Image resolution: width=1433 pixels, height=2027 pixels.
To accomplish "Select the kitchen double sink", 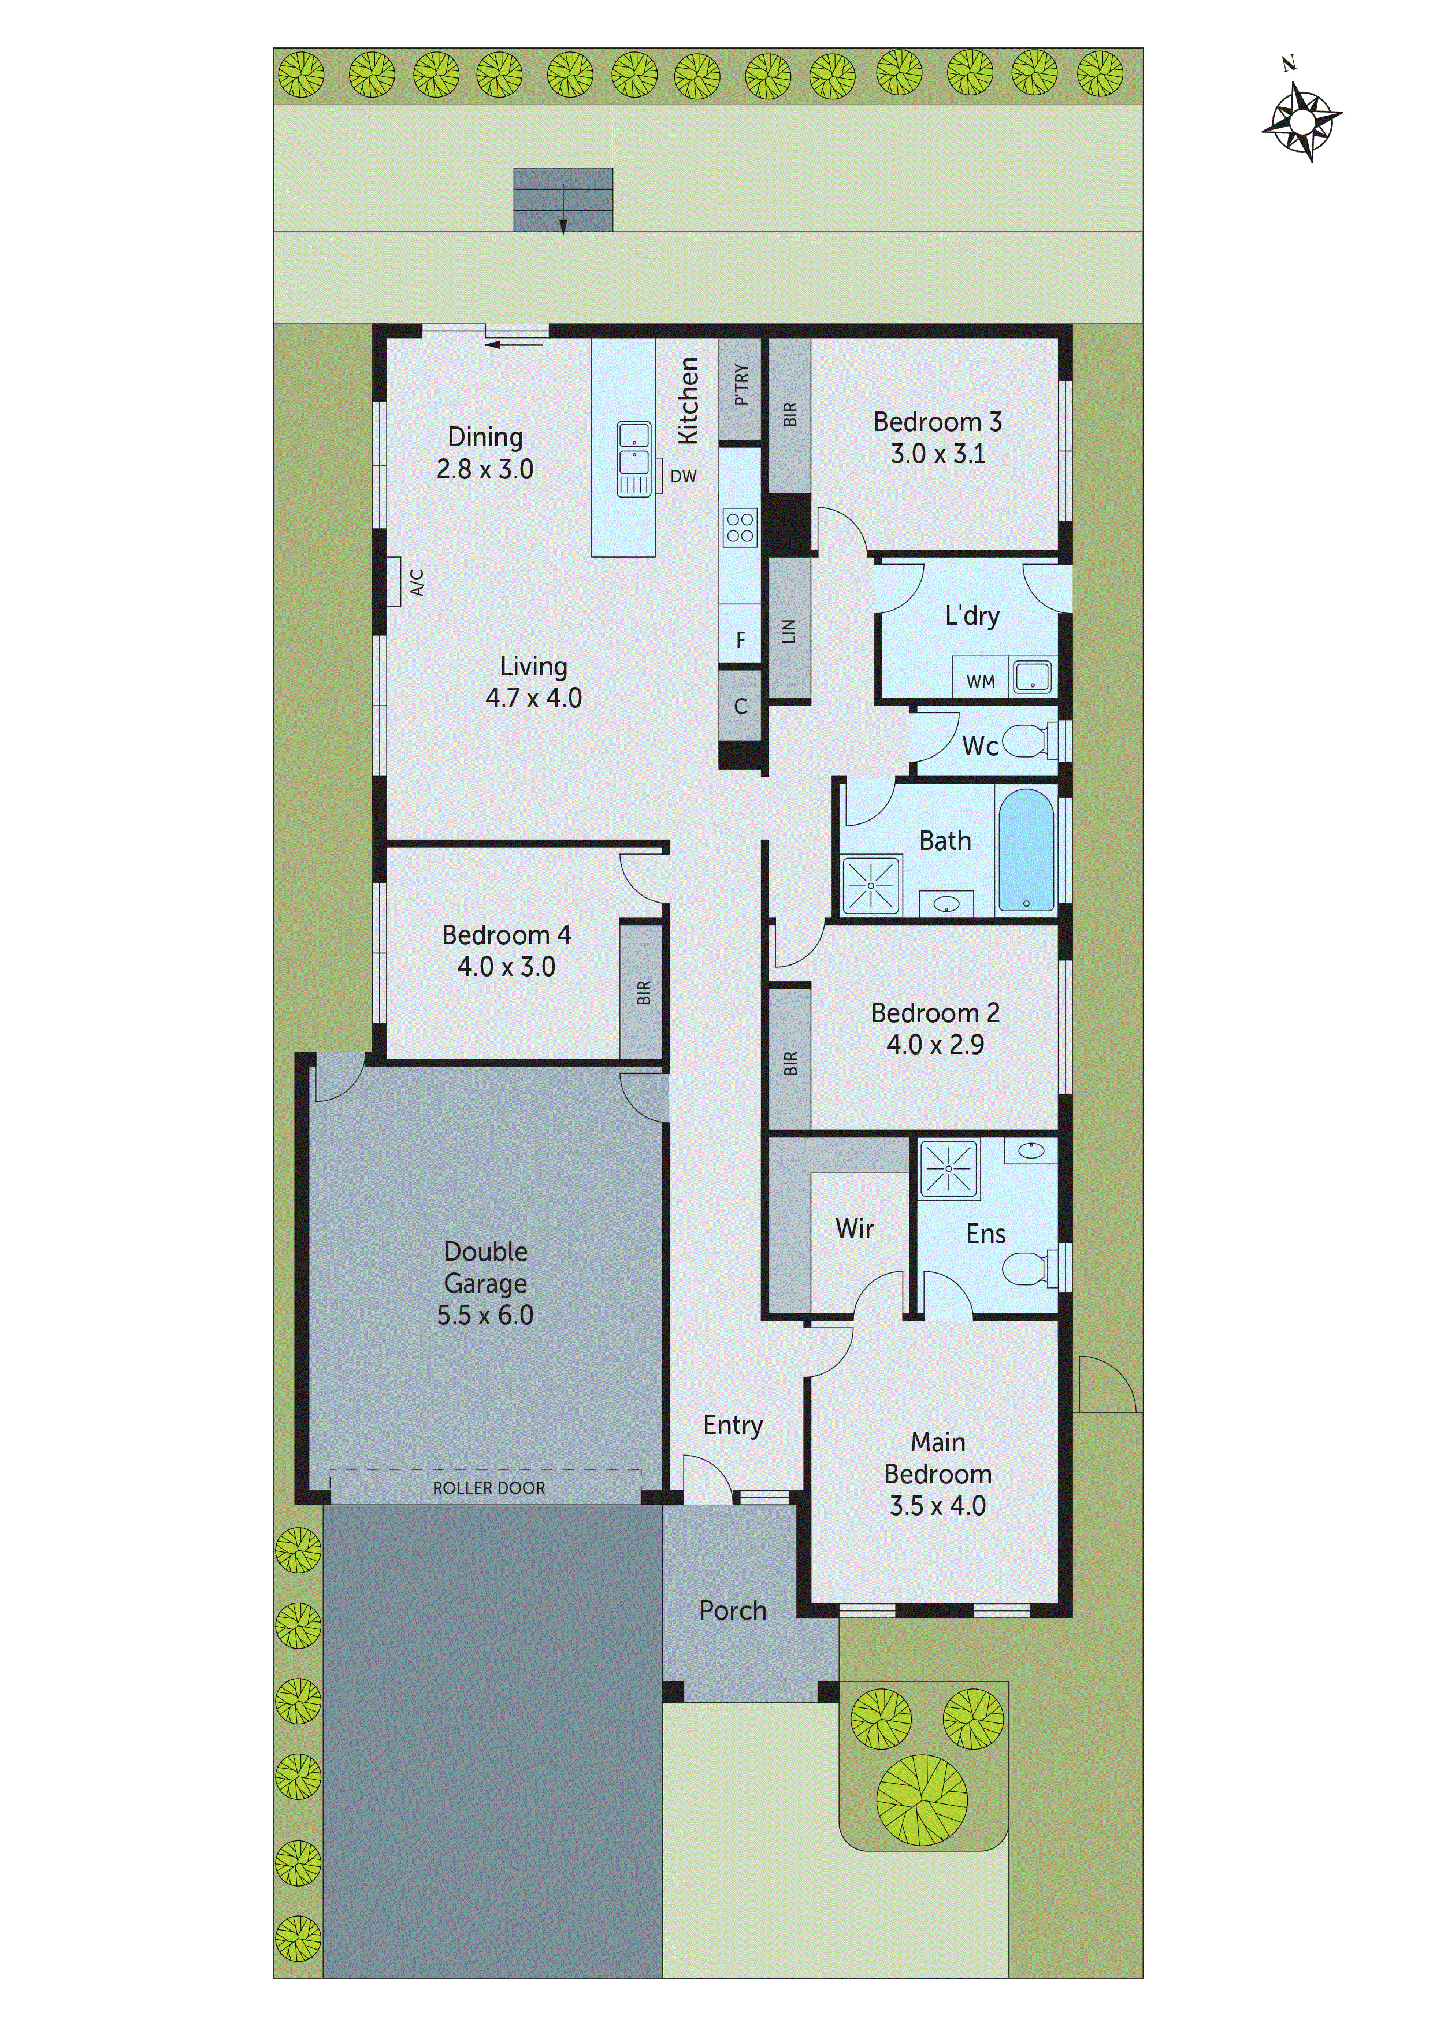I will pos(633,458).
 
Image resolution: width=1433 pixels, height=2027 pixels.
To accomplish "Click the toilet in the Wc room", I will pos(1027,741).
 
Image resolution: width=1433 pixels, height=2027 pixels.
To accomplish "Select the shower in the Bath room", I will pos(871,885).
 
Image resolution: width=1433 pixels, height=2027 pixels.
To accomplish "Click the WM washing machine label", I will pos(980,682).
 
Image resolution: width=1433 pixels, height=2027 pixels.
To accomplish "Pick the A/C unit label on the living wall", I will pos(417,582).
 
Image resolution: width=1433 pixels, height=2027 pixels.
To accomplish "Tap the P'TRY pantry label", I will pos(741,385).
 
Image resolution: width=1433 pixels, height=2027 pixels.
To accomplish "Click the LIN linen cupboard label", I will pos(789,630).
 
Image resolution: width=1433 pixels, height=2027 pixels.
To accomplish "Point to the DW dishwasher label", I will pos(684,477).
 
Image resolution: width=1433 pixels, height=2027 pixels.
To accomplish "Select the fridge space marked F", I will pos(741,639).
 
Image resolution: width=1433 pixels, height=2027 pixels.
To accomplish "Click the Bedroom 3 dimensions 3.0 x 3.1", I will pos(938,454).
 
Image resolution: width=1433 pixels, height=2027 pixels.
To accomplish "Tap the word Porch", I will pos(732,1610).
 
